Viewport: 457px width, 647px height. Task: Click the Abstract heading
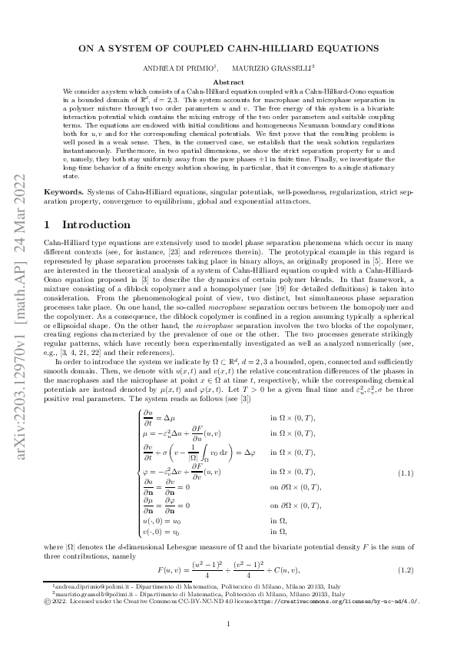coord(228,81)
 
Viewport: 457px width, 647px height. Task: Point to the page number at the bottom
coord(229,623)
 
